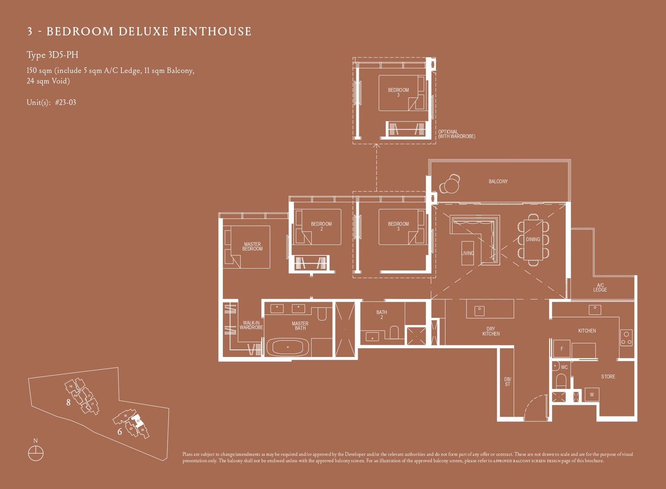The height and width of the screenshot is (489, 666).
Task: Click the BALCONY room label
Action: point(498,182)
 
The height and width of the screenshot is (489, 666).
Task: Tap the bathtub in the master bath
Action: point(288,347)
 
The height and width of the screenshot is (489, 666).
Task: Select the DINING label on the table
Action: point(533,240)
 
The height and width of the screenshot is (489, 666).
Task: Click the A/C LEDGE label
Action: point(600,288)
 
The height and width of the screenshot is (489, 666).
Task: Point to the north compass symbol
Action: point(36,453)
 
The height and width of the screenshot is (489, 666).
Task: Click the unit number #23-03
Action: point(65,102)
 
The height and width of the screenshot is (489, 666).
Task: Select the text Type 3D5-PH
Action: point(52,55)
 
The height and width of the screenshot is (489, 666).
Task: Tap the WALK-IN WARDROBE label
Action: point(251,325)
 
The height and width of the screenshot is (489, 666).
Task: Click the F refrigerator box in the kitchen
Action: point(562,349)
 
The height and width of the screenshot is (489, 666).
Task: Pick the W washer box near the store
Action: point(591,394)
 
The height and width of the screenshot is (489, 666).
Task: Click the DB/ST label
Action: point(507,382)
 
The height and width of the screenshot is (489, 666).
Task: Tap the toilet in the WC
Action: point(561,381)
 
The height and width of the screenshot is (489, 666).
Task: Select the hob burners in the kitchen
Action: point(626,338)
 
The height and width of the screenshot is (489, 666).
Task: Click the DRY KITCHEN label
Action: point(491,331)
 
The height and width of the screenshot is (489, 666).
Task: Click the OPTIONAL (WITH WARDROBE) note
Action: point(456,134)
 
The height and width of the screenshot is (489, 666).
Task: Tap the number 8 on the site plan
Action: point(68,402)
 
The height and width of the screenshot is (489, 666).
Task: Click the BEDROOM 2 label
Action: point(321,226)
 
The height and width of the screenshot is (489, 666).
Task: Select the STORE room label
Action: point(608,377)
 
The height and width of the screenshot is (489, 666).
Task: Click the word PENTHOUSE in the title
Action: point(212,32)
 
